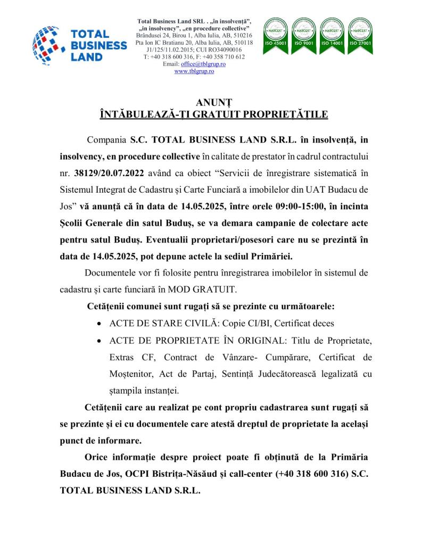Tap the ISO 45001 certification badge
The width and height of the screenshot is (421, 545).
click(x=276, y=32)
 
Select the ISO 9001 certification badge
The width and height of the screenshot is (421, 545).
click(x=304, y=32)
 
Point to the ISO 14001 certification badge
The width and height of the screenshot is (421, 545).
click(x=332, y=32)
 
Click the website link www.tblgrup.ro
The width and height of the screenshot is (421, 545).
click(x=194, y=71)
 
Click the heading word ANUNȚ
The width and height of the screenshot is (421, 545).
click(x=210, y=103)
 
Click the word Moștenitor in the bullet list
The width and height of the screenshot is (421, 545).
click(x=130, y=373)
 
